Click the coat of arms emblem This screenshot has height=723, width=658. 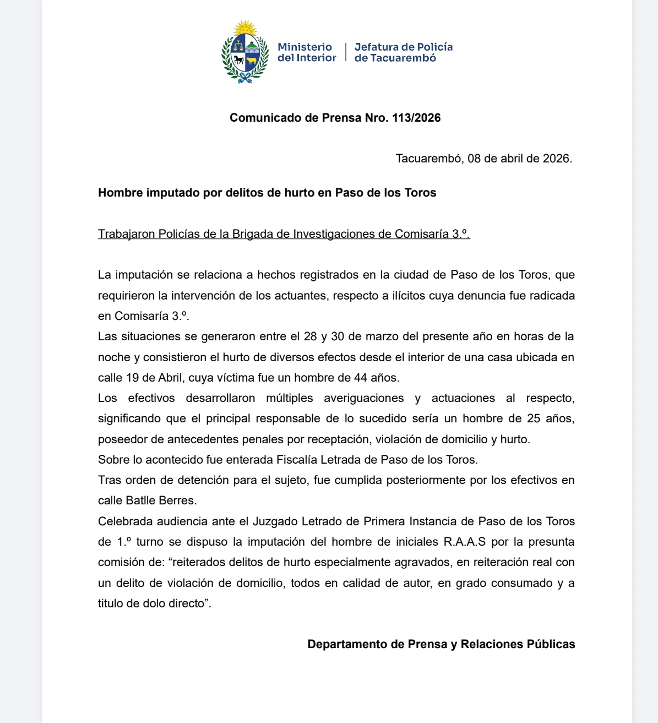coord(244,53)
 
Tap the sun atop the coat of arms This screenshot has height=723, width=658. coord(245,28)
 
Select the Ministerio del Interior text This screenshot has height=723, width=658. coord(307,52)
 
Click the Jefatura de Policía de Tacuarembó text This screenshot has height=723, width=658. coord(403,52)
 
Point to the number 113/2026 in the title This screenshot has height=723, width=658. coord(416,118)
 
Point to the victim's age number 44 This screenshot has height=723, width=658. coord(360,378)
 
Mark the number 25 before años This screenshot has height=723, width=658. coord(533,418)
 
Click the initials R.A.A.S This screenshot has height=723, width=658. coord(465,542)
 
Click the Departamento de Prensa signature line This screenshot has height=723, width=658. coord(441,644)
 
